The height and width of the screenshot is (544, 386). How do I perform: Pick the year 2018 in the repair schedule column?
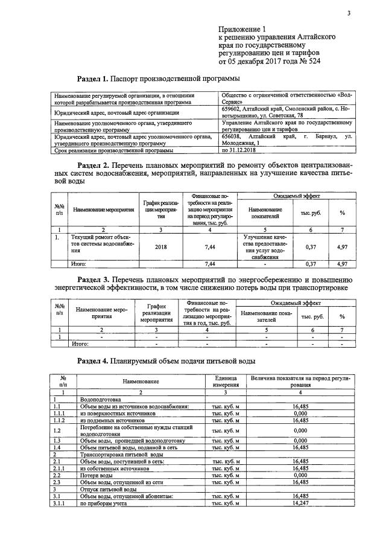tap(161, 246)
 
